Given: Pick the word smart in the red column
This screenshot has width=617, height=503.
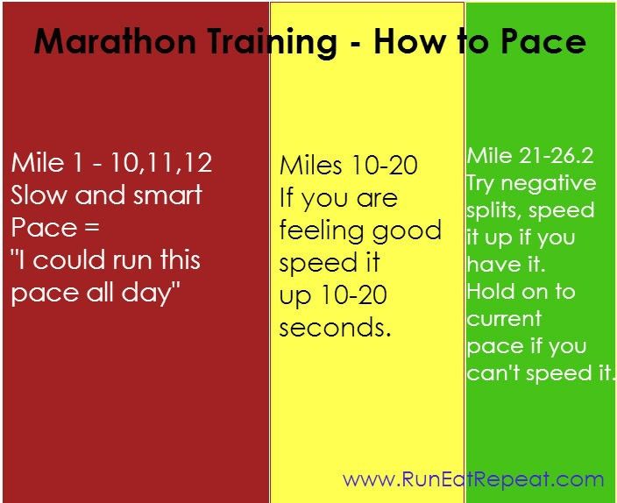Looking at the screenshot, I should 167,195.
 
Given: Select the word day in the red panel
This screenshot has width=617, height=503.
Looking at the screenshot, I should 155,293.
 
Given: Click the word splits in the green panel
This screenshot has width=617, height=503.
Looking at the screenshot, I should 494,210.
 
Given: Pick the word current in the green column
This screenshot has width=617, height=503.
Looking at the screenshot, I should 504,319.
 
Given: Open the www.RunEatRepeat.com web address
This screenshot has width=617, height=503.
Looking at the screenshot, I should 473,479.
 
